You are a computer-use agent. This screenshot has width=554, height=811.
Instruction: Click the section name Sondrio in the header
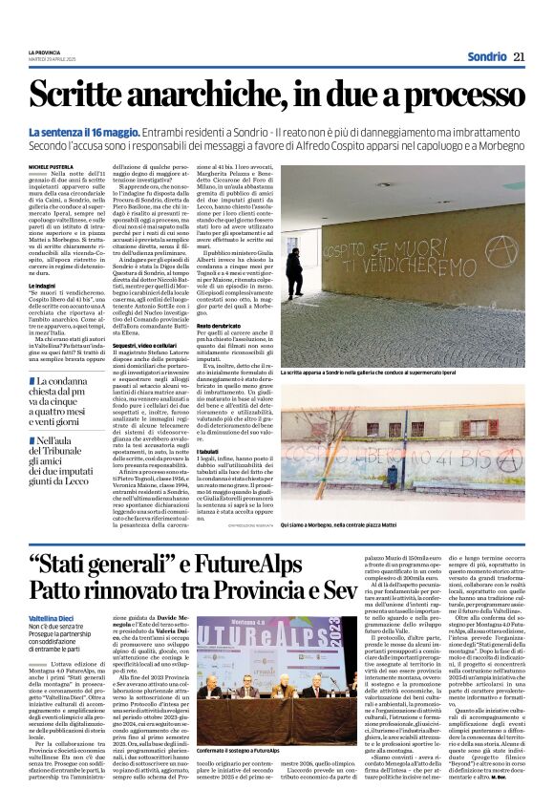point(486,56)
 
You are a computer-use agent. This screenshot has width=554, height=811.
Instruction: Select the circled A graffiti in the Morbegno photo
point(508,457)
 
